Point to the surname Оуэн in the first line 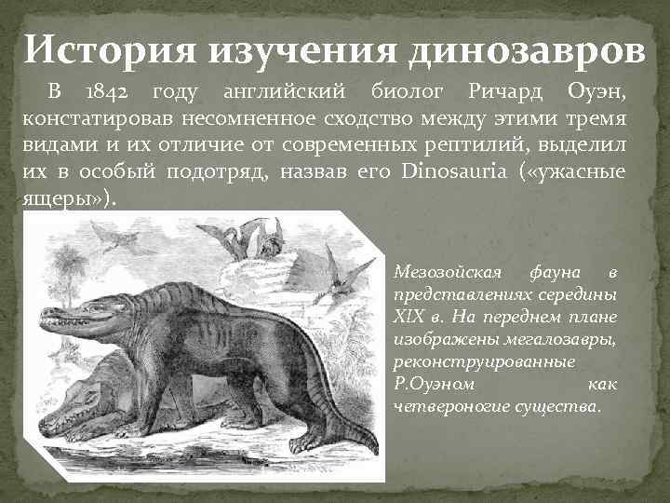pos(596,93)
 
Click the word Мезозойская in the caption pos(446,273)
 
